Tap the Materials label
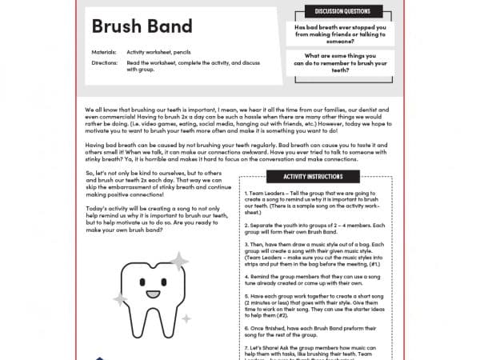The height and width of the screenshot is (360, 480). [x=104, y=51]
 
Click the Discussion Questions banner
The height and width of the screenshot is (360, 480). [x=342, y=12]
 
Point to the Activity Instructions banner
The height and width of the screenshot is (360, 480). [x=314, y=176]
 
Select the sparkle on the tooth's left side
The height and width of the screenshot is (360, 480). [x=120, y=300]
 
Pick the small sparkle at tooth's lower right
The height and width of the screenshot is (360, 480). [x=186, y=318]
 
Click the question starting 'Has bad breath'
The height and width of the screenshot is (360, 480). [x=342, y=31]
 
